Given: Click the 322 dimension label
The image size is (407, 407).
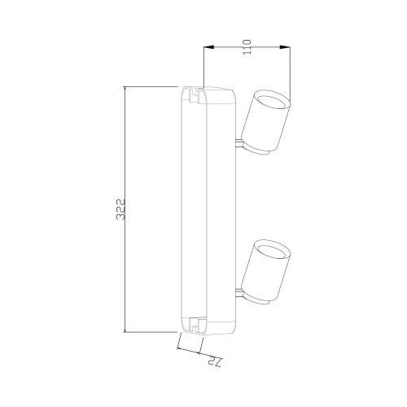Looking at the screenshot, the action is click(120, 209).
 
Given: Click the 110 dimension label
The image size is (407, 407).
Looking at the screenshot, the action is click(247, 47).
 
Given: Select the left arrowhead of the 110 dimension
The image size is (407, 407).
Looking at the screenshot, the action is click(208, 47).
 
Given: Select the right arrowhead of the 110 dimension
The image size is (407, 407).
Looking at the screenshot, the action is click(285, 47).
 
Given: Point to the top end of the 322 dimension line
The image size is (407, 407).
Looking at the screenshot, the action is click(125, 87).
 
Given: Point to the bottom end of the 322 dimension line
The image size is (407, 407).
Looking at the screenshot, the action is click(125, 332).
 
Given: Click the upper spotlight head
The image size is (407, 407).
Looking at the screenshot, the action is click(266, 122).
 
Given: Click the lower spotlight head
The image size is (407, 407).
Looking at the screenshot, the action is click(266, 272).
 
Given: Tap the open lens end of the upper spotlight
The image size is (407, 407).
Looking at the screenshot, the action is click(272, 101).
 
